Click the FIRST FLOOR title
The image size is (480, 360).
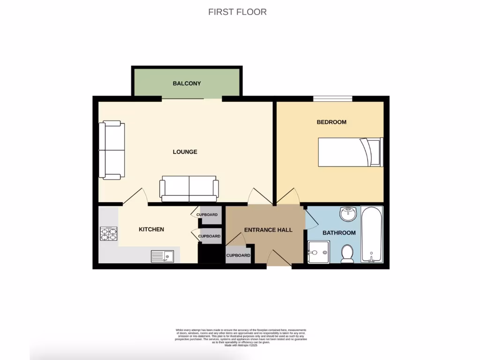tap(237, 12)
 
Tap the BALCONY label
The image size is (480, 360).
tap(187, 83)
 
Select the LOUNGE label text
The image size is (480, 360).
tap(185, 152)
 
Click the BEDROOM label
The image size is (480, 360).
tap(331, 122)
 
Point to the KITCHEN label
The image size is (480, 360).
tap(151, 229)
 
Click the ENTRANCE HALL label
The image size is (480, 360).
tap(268, 230)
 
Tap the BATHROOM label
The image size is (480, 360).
tap(338, 232)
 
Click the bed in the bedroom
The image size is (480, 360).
tap(351, 152)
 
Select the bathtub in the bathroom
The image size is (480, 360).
tap(372, 234)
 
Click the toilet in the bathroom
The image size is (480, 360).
tap(348, 254)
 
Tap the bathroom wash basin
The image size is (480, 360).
tap(348, 215)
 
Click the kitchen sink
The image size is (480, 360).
tap(162, 256)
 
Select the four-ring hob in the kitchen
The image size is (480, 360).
tap(108, 233)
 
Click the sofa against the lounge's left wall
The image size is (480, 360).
tap(112, 150)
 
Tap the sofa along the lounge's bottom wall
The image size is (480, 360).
tap(189, 188)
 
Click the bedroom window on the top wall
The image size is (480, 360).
tap(332, 98)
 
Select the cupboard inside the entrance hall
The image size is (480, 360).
tap(238, 255)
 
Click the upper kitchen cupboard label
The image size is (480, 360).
tap(207, 215)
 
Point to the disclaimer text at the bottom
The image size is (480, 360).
tap(240, 337)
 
